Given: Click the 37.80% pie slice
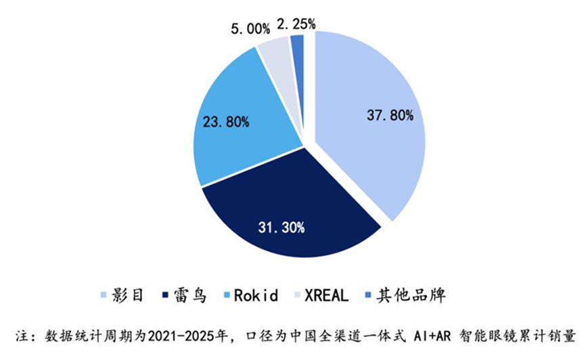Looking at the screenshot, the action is [371, 124].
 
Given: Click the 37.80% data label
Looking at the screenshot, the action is [390, 115].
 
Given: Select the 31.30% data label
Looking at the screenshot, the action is [281, 227].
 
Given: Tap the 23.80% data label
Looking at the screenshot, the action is [226, 122].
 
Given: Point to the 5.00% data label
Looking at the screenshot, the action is [250, 29].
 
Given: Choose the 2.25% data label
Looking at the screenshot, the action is [296, 24].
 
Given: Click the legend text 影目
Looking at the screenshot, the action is [127, 295].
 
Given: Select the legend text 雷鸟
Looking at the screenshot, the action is [190, 295].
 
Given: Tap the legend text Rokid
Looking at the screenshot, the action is [256, 295].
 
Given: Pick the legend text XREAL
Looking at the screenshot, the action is [327, 295].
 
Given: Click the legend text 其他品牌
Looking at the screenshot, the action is [411, 295].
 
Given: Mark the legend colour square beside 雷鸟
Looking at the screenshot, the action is [165, 295].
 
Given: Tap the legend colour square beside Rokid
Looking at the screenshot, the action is [226, 295].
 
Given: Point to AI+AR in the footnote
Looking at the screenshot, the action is [432, 336].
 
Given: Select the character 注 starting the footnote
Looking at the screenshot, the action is [22, 336].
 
